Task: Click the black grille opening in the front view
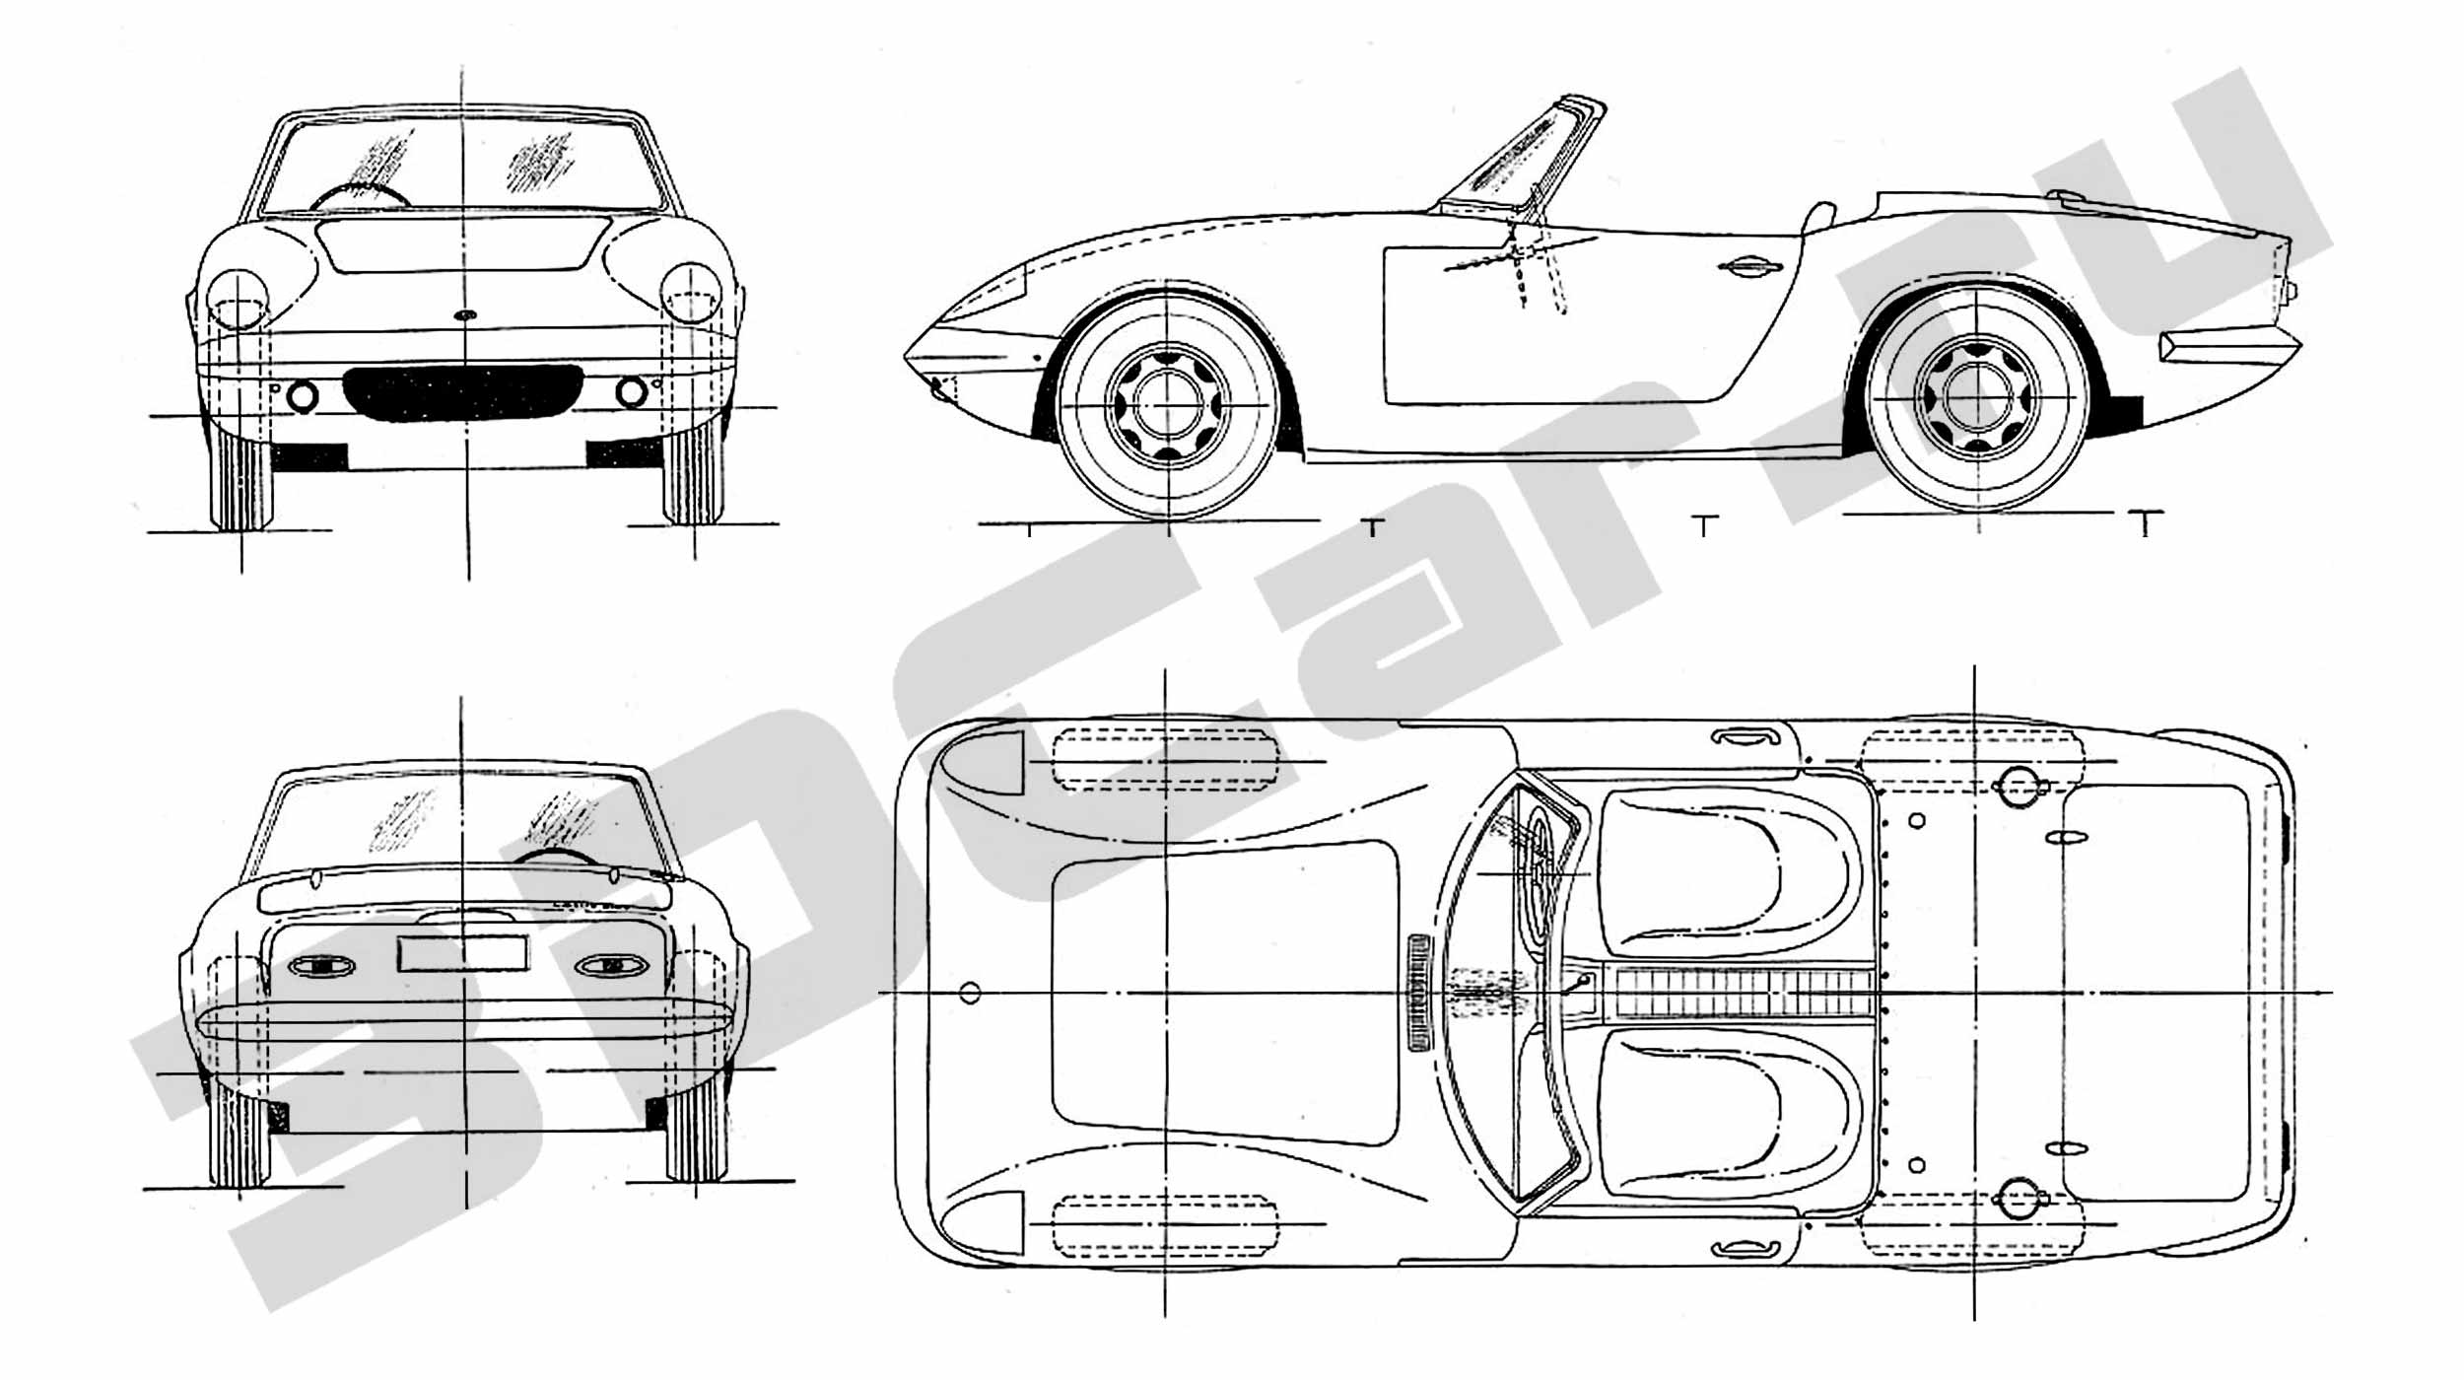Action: point(463,391)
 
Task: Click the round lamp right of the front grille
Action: point(631,391)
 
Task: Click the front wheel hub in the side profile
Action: point(1168,404)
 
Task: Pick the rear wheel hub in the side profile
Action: point(1978,397)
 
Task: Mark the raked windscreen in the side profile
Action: point(1518,153)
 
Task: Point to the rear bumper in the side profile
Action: point(2229,346)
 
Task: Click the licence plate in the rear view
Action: point(462,953)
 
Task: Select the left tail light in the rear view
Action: point(321,966)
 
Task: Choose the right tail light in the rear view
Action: point(611,966)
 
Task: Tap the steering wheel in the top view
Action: point(1540,874)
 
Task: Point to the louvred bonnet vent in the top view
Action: point(1419,992)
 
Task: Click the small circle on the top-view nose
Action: point(970,993)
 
